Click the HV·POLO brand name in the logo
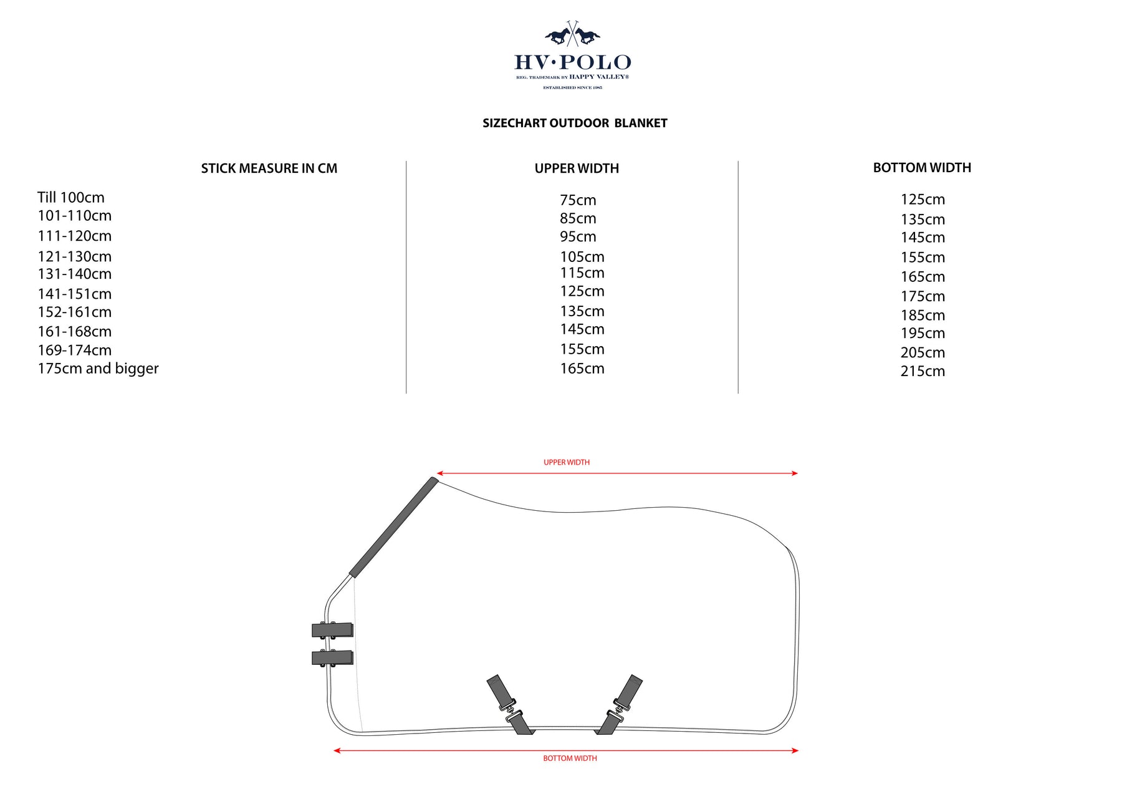click(572, 62)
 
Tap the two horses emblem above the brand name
click(572, 34)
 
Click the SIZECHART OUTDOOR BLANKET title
click(575, 123)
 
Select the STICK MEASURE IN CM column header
click(269, 168)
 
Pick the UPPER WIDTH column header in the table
click(577, 168)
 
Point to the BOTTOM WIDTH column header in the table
click(922, 168)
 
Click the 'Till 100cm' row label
click(71, 198)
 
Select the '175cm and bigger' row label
click(98, 369)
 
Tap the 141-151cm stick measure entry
click(75, 294)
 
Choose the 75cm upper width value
click(578, 200)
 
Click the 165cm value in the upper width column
click(582, 369)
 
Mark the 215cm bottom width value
click(923, 371)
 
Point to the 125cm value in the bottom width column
click(923, 200)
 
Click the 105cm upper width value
click(582, 257)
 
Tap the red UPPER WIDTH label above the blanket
click(567, 462)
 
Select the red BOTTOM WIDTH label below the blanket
click(570, 758)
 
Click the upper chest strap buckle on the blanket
click(332, 630)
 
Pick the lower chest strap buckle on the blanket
click(332, 657)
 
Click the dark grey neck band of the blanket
click(393, 528)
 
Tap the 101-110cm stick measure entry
click(75, 216)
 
